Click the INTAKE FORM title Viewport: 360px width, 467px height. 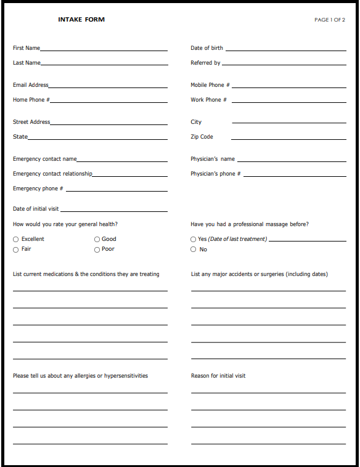tap(81, 20)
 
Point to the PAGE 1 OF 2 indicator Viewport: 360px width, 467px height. tap(329, 20)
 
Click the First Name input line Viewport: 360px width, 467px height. tap(104, 49)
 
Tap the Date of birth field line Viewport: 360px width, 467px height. tap(285, 49)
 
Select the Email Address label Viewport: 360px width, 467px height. tap(30, 85)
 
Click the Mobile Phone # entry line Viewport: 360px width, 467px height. tap(289, 86)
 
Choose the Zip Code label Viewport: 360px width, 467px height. tap(202, 137)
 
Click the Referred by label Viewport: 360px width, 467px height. tap(205, 63)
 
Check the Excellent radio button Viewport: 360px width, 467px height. tap(16, 240)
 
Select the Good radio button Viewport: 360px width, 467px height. tap(97, 240)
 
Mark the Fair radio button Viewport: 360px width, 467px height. tap(16, 250)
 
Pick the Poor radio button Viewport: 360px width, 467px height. tap(97, 250)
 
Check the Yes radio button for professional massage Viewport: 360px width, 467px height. tap(194, 240)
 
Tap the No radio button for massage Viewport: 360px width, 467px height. tap(194, 250)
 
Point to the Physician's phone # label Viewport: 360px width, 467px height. tap(215, 174)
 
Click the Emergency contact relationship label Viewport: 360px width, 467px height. tap(52, 174)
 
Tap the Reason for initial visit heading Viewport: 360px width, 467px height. tap(218, 376)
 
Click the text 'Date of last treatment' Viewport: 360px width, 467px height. tap(237, 239)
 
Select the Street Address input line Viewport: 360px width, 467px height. tap(108, 124)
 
